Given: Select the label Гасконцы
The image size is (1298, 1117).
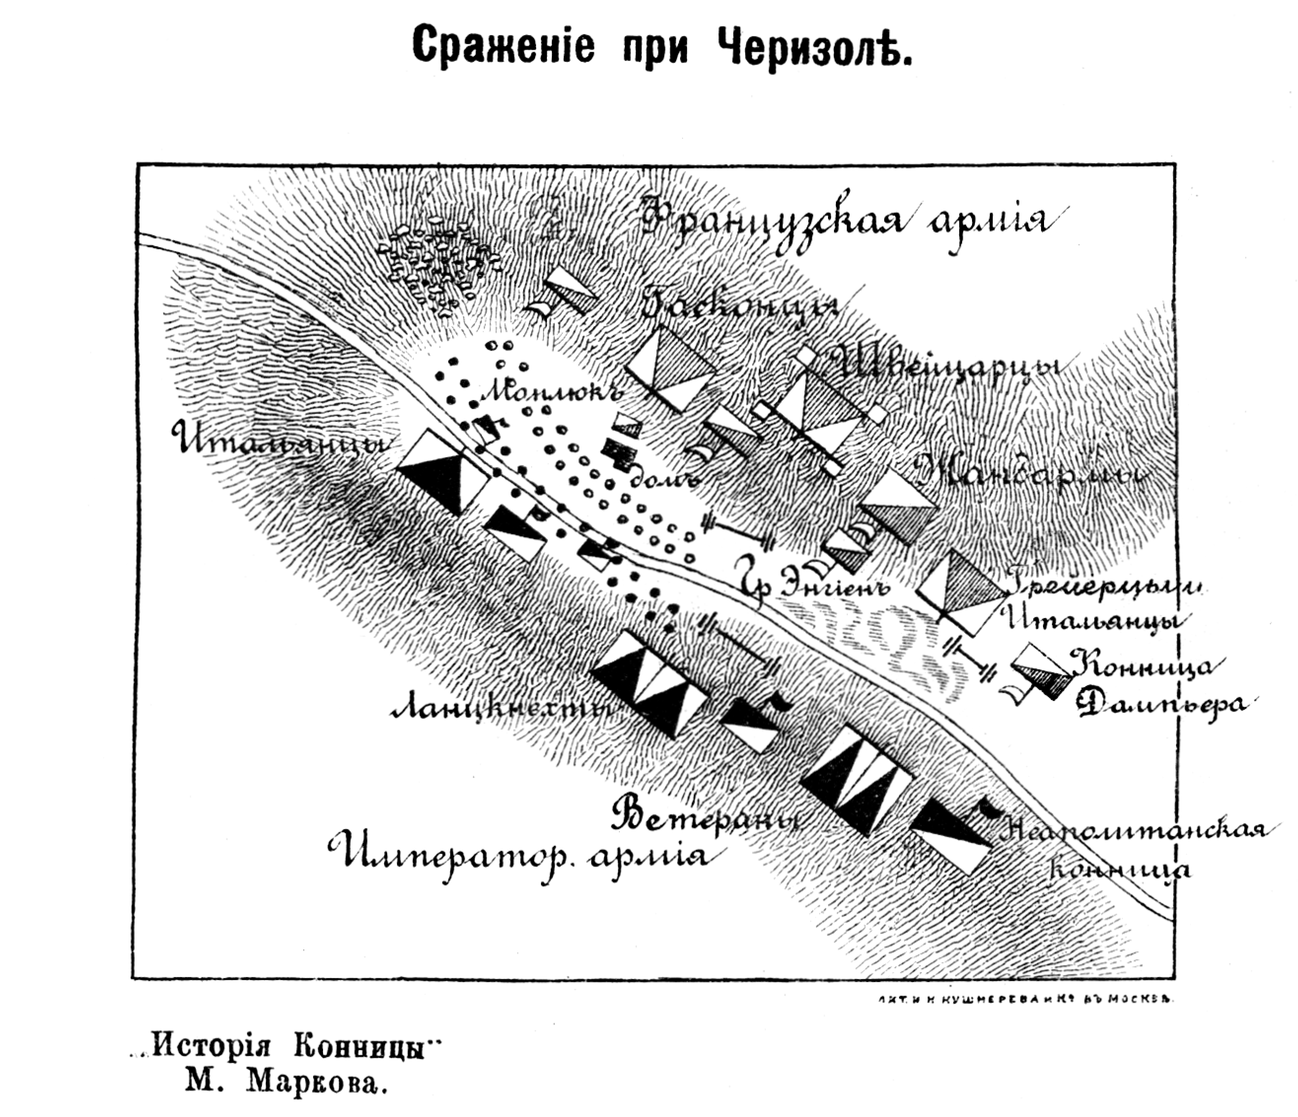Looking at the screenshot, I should point(742,306).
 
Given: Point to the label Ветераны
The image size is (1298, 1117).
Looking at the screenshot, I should point(708,818).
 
